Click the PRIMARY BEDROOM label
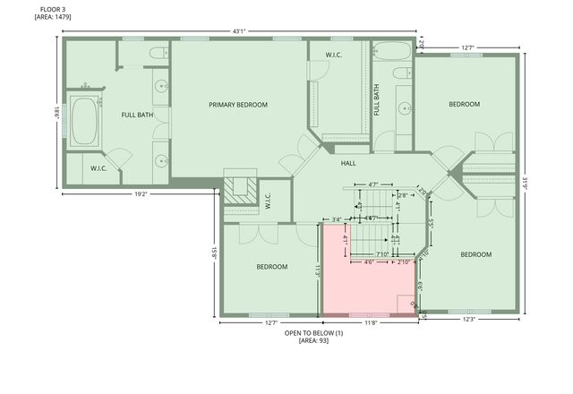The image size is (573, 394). [x=238, y=105]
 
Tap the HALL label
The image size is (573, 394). [x=348, y=163]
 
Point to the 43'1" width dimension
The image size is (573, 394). [x=239, y=31]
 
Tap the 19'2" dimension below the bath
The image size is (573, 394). [x=141, y=193]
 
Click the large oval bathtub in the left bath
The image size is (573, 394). [x=86, y=123]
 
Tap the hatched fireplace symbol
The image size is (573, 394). [x=240, y=188]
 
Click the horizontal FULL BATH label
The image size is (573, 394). [x=137, y=114]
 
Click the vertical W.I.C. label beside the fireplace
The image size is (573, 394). [x=268, y=202]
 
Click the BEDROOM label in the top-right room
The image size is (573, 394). [x=464, y=104]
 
